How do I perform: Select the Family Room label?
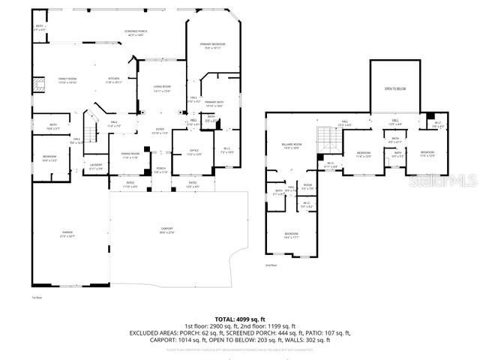(x=68, y=80)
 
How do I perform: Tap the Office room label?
(x=193, y=152)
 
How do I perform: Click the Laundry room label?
(x=96, y=166)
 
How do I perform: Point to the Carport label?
(x=166, y=231)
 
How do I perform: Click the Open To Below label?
(x=395, y=88)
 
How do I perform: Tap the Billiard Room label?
(x=292, y=145)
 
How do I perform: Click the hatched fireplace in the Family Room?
(x=34, y=85)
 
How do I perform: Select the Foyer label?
(x=160, y=130)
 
